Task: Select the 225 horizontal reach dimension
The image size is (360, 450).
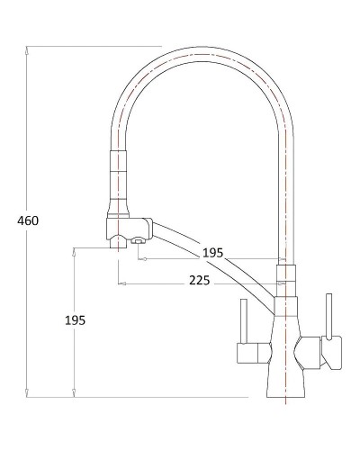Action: [x=200, y=281]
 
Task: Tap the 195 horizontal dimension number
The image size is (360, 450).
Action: [x=211, y=253]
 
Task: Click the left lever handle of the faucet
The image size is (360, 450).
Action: [x=243, y=319]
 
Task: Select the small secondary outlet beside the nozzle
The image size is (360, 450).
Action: [x=138, y=240]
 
